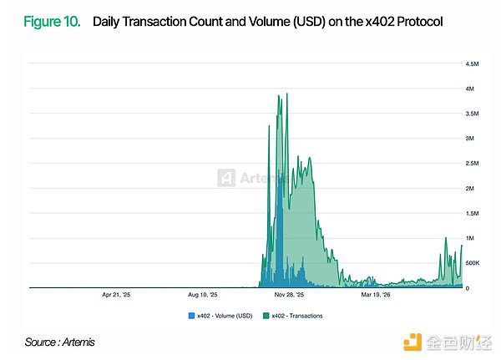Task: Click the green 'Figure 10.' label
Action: tap(52, 22)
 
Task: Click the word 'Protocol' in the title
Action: tap(420, 22)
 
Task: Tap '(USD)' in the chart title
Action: tap(309, 22)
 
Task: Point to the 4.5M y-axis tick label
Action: tap(472, 64)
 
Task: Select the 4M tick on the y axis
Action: tap(469, 89)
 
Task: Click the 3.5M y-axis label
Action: tap(472, 114)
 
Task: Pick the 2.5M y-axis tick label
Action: tap(472, 164)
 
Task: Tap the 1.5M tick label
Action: tap(472, 213)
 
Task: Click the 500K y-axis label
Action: tap(473, 263)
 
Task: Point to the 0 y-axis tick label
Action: tap(468, 288)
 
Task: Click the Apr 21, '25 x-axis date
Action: tap(116, 295)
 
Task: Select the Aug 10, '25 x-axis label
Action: tap(203, 295)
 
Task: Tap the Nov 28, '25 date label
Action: tap(289, 295)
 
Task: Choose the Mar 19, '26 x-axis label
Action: tap(376, 295)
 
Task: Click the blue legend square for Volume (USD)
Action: tap(191, 316)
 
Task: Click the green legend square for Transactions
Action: tap(266, 316)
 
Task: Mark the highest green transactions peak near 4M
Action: tap(287, 94)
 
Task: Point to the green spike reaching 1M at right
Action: tap(446, 238)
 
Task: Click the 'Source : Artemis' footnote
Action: tap(60, 342)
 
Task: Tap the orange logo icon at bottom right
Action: tap(412, 342)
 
